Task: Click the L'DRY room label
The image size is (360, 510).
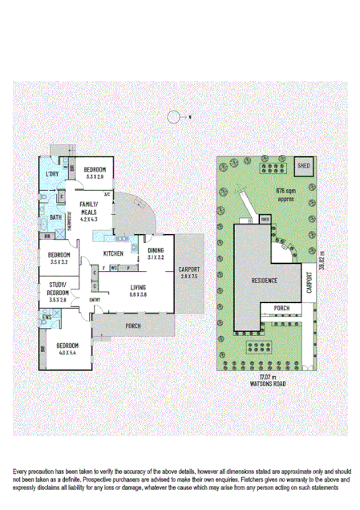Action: coord(52,174)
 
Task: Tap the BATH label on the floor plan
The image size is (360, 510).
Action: coord(55,217)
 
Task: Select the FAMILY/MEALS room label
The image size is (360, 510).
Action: coord(89,207)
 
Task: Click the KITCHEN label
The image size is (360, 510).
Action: coord(114,253)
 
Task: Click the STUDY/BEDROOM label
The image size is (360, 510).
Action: coord(58,287)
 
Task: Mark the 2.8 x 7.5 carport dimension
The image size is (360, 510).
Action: coord(188,276)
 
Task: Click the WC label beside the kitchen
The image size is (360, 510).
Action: coord(114,267)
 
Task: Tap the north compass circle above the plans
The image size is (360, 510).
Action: coord(174,118)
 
